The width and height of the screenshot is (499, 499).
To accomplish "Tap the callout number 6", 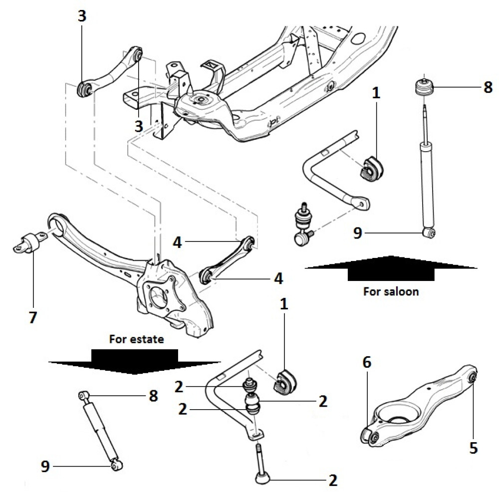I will click(367, 363).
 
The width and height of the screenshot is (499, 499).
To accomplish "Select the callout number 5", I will click(473, 448).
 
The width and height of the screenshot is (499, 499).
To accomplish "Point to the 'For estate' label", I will click(137, 339).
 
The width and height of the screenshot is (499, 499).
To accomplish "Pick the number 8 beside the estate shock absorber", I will click(153, 396).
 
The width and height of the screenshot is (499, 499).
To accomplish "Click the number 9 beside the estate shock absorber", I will click(45, 467).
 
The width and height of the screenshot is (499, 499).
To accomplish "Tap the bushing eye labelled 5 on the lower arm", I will click(473, 377).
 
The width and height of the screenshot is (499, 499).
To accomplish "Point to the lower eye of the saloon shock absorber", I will click(429, 232).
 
